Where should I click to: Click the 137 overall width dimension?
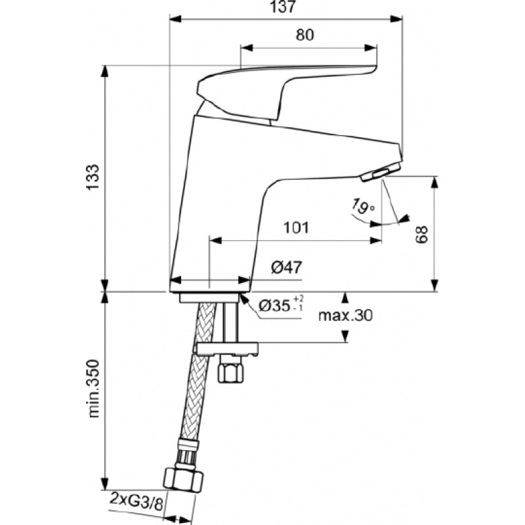(283, 7)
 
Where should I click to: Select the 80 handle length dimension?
(304, 35)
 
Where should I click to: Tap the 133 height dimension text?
(93, 177)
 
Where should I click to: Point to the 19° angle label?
(362, 206)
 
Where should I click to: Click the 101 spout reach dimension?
(296, 228)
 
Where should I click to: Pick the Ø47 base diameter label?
(286, 267)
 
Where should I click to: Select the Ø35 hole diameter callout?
(281, 305)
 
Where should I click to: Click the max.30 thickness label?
(345, 315)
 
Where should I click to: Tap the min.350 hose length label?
(93, 388)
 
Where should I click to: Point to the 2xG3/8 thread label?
(136, 502)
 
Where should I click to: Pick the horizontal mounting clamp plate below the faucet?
(227, 348)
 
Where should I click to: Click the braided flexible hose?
(199, 375)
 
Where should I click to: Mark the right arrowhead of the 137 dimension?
(396, 19)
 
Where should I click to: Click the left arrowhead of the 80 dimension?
(247, 48)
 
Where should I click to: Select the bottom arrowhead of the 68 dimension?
(434, 285)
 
